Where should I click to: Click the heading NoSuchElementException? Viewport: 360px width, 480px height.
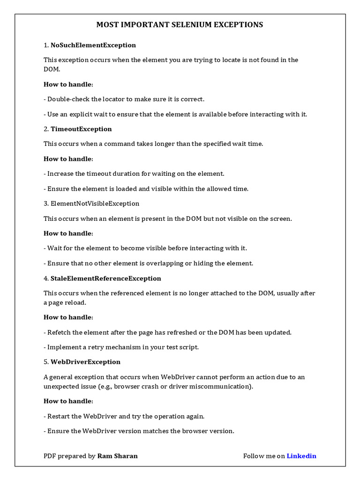pos(93,45)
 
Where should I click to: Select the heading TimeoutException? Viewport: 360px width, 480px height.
pos(81,129)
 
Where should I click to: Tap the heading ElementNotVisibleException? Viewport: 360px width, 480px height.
pos(95,203)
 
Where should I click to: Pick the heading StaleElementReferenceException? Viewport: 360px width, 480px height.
pos(105,278)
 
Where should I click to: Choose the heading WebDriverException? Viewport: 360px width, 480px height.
pos(85,362)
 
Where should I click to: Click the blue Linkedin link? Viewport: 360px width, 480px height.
pos(301,456)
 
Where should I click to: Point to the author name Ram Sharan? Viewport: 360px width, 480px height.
pos(118,456)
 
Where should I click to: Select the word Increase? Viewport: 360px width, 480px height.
pos(61,173)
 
